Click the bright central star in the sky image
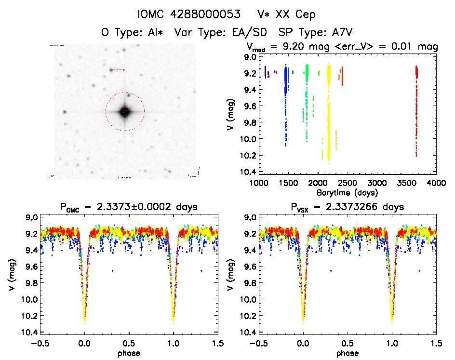125,112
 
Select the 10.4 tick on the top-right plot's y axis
250,172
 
